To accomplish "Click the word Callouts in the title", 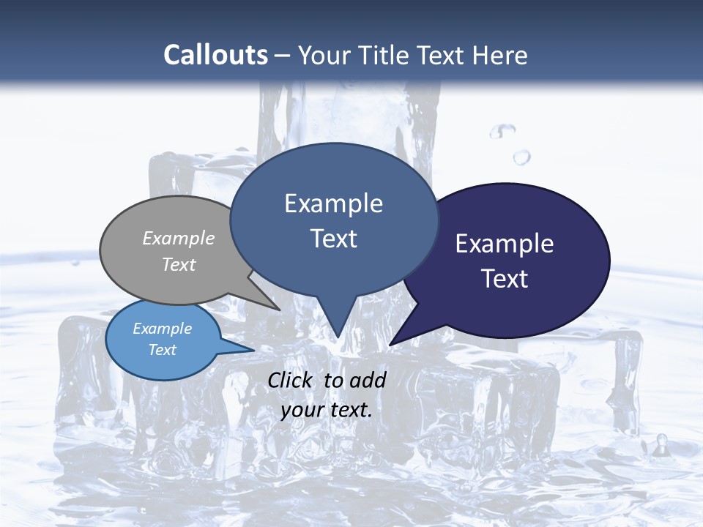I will [x=215, y=55].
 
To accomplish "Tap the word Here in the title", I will [x=501, y=55].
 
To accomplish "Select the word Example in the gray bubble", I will [x=179, y=238].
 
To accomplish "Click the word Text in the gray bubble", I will [x=179, y=264].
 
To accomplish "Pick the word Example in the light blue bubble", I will [x=163, y=329].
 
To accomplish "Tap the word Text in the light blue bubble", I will [x=163, y=350].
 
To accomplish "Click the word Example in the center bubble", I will [x=333, y=203].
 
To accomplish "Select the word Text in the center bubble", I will [x=333, y=239].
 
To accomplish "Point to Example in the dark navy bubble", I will [x=505, y=244].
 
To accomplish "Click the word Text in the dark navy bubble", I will [x=505, y=279].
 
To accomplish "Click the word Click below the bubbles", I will [x=291, y=380].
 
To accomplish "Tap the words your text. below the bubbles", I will [x=327, y=410].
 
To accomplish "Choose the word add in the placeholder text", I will [x=368, y=380].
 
